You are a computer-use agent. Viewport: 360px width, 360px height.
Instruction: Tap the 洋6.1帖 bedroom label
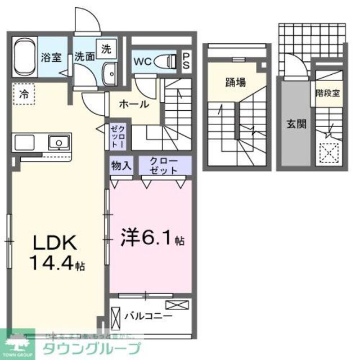(149, 240)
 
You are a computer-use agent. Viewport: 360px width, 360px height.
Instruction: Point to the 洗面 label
(85, 56)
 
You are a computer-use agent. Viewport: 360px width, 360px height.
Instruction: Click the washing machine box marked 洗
(106, 49)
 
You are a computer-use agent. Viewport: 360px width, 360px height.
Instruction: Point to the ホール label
(135, 104)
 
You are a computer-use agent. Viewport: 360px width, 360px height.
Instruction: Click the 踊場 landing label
(236, 83)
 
